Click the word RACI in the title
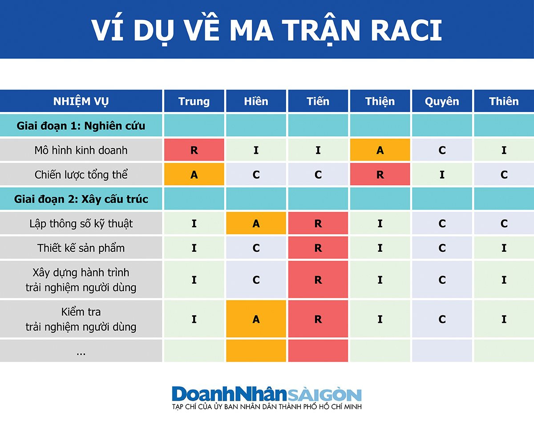(406, 30)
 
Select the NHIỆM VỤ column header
(81, 101)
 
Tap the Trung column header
(194, 101)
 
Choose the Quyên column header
(442, 101)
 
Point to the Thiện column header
(380, 101)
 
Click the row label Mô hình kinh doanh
(81, 150)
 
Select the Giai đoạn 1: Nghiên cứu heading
(81, 125)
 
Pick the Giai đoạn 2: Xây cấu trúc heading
(81, 199)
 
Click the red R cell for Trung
(194, 150)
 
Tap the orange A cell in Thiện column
(380, 150)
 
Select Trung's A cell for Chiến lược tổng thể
(194, 174)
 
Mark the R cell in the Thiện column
(380, 174)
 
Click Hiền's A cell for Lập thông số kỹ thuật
(256, 223)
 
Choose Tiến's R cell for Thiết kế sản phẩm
(318, 248)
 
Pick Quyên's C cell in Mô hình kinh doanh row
(442, 150)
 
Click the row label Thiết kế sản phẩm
(81, 248)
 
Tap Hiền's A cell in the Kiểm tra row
(256, 319)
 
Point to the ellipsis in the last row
(81, 353)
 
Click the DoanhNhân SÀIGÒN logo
(267, 397)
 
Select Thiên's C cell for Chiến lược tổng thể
(504, 174)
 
